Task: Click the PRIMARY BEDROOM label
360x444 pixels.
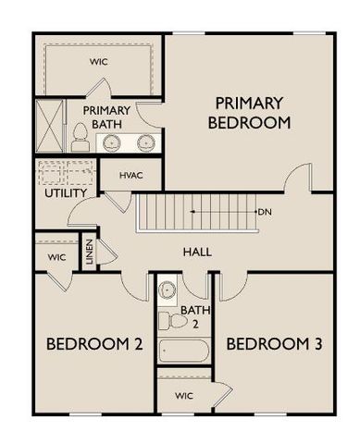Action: click(x=250, y=112)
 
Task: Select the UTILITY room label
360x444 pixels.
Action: click(x=65, y=193)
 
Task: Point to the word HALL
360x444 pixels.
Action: click(x=197, y=252)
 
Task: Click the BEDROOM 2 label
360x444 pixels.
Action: click(x=94, y=345)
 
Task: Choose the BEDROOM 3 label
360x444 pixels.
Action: click(x=274, y=345)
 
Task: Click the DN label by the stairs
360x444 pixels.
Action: click(x=266, y=212)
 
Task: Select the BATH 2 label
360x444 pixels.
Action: click(x=190, y=316)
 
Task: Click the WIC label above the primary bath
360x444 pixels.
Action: click(x=99, y=62)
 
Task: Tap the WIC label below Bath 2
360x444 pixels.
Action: click(x=185, y=396)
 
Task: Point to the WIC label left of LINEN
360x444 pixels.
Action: click(x=56, y=257)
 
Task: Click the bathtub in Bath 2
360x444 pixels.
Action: click(x=184, y=351)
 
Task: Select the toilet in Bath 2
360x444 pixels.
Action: click(x=168, y=320)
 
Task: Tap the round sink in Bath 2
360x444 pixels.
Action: click(x=168, y=290)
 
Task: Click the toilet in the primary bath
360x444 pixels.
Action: click(x=80, y=139)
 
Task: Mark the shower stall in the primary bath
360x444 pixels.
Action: click(x=48, y=126)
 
